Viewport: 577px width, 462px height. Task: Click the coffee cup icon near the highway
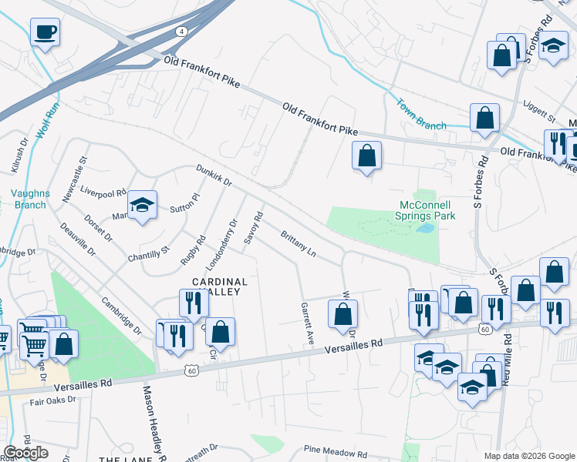tap(45, 32)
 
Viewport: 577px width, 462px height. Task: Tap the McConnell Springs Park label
tap(427, 210)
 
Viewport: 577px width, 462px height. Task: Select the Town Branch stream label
tap(420, 114)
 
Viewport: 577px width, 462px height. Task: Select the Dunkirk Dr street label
tap(214, 175)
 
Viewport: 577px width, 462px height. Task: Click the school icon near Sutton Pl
tap(142, 206)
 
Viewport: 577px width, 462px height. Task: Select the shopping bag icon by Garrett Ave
tap(342, 313)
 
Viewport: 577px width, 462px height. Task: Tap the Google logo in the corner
tap(26, 453)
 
